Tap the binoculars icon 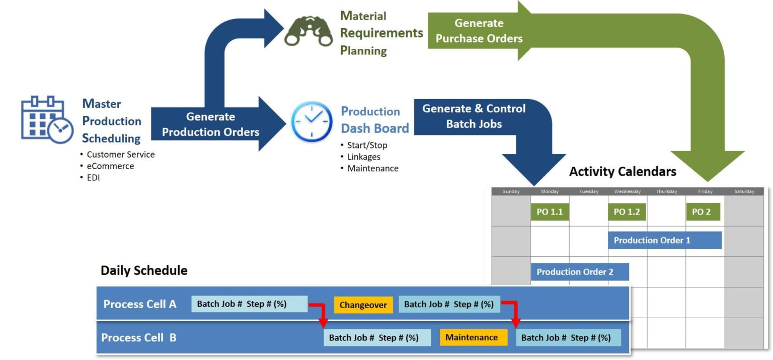click(x=308, y=33)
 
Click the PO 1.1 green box click(x=550, y=212)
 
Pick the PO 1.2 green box click(x=627, y=212)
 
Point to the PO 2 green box click(x=703, y=212)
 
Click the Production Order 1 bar click(x=664, y=240)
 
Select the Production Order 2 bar click(x=579, y=272)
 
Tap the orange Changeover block click(x=363, y=305)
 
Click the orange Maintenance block click(x=472, y=337)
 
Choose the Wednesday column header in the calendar click(x=627, y=191)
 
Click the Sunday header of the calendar click(x=511, y=191)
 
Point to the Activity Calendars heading click(x=623, y=172)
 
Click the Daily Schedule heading click(x=144, y=270)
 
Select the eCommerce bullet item click(x=110, y=166)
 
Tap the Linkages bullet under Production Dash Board click(x=363, y=157)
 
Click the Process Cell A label click(x=140, y=304)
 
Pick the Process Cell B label click(x=139, y=337)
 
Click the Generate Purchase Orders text click(x=479, y=31)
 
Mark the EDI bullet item click(x=93, y=178)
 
